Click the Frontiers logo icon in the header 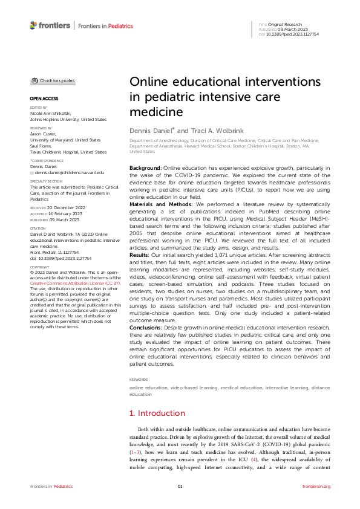33,25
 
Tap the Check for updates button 53,80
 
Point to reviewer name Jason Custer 44,134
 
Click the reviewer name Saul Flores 41,145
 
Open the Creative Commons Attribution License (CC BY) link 64,300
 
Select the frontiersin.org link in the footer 316,487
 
